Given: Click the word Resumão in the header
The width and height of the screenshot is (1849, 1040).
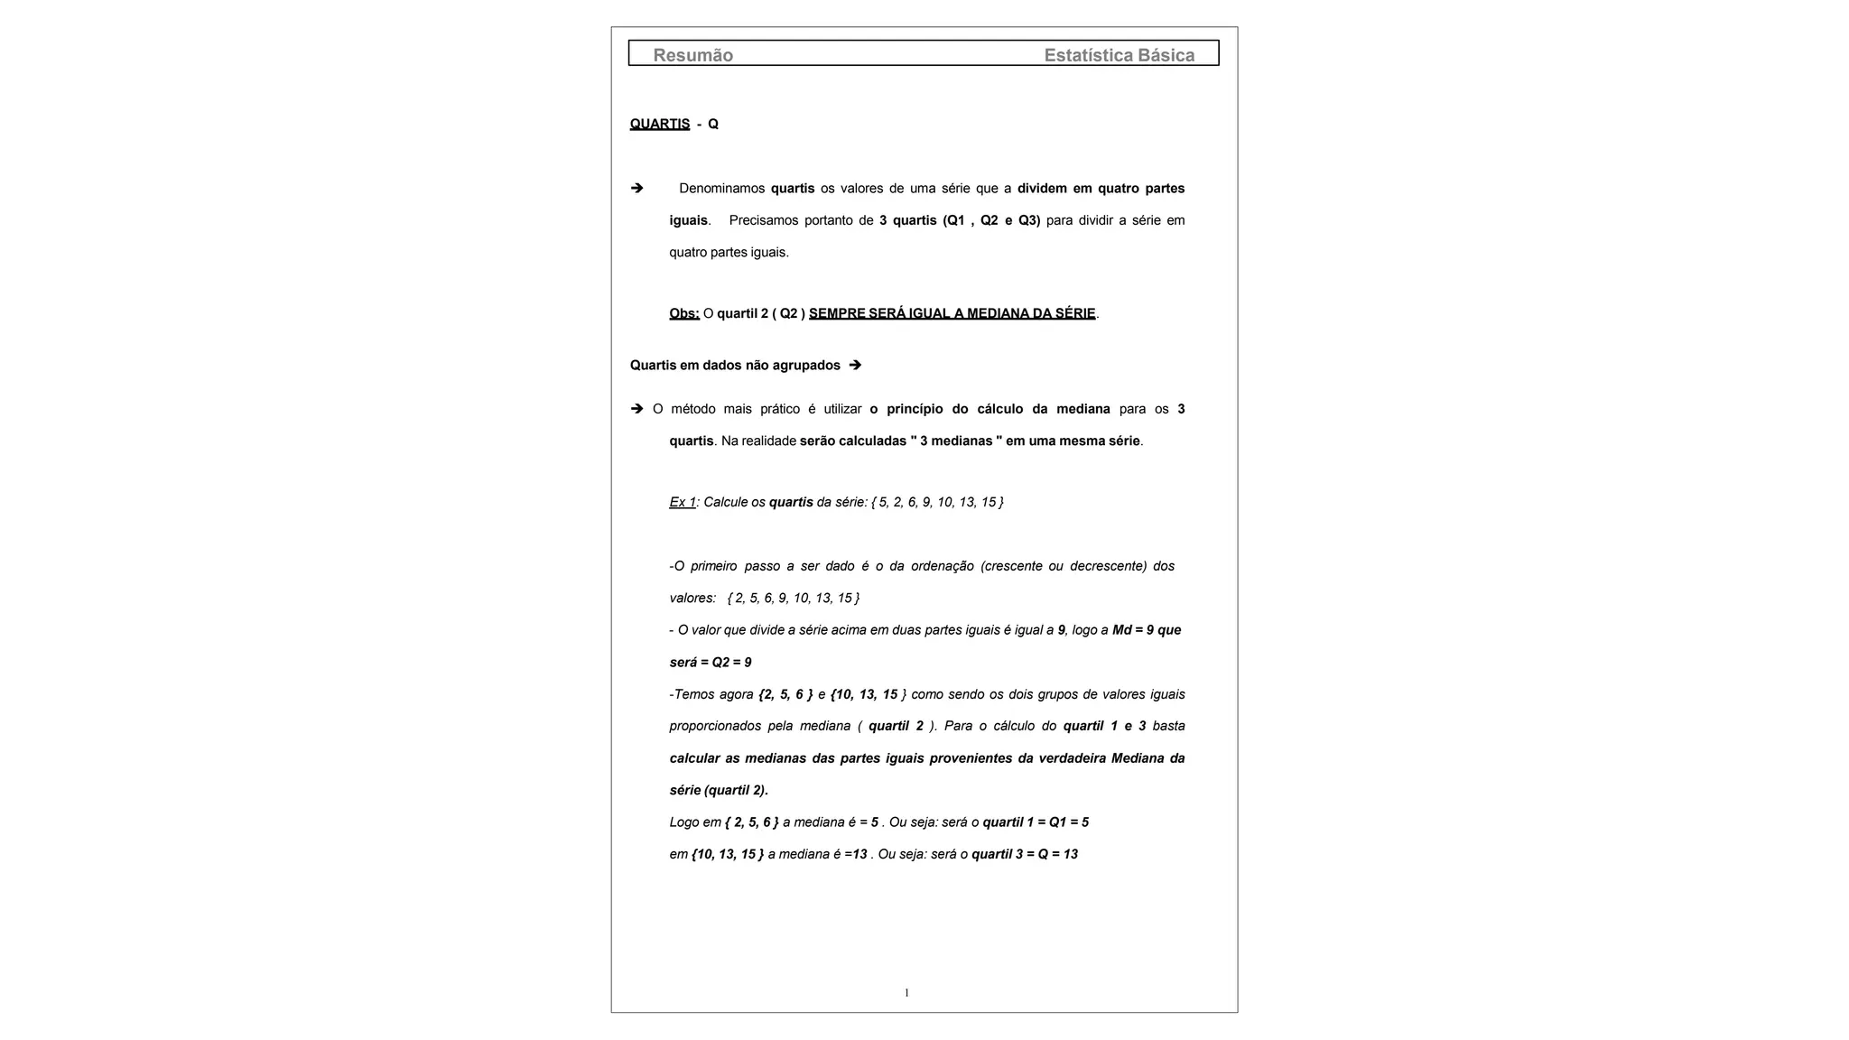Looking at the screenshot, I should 692,55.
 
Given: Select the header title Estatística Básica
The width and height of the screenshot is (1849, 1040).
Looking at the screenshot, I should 1119,55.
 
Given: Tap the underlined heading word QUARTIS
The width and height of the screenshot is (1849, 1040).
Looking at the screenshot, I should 659,124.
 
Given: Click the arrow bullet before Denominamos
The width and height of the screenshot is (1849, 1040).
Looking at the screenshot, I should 636,188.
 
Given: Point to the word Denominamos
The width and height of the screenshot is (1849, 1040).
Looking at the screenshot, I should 721,188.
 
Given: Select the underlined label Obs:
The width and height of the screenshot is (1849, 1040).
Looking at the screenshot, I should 684,313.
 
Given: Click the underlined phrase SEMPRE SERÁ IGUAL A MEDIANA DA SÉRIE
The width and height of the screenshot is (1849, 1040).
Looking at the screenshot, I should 952,313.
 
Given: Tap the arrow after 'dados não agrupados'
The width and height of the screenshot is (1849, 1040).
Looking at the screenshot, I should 855,365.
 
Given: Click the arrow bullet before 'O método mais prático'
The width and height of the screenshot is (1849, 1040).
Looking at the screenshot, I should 636,409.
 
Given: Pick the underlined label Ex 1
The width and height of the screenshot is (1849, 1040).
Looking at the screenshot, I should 683,502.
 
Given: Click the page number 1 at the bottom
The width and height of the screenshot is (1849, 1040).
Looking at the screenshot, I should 906,993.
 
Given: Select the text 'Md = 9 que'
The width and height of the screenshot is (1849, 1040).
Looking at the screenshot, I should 1147,630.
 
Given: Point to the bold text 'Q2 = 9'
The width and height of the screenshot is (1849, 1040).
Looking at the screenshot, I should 731,663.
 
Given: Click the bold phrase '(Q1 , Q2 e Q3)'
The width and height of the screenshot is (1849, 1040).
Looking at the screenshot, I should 991,220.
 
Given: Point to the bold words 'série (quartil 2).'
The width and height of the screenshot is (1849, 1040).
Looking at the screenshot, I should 719,790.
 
